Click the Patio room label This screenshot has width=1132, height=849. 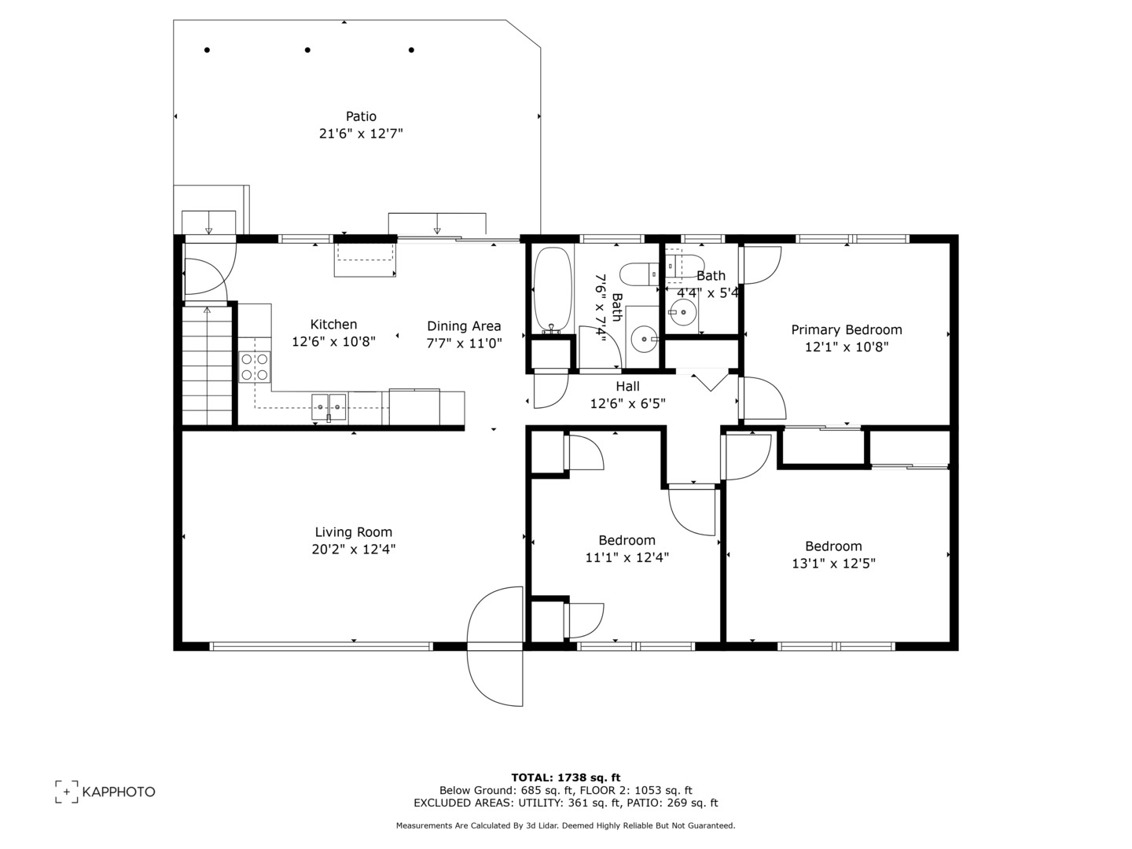tap(361, 116)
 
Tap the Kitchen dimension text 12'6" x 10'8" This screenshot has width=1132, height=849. tap(333, 342)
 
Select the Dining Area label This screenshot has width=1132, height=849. tap(464, 325)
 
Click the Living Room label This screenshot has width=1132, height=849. tap(353, 532)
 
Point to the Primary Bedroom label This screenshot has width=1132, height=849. tap(846, 330)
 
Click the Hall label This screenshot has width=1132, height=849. tap(627, 386)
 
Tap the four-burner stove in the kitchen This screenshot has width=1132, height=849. tap(255, 366)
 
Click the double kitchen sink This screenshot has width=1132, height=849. tap(329, 407)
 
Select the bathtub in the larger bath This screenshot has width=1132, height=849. tap(553, 291)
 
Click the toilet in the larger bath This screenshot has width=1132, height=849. tap(638, 274)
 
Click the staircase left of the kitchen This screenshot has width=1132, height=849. tap(208, 366)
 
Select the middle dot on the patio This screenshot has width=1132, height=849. tap(307, 50)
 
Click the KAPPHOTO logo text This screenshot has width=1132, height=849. tap(119, 792)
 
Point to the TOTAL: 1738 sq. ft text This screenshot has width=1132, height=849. tap(565, 777)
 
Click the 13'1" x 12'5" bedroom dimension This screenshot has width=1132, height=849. tap(833, 564)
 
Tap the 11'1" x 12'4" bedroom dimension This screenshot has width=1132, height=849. tap(627, 557)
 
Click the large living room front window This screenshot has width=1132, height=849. tap(322, 646)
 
